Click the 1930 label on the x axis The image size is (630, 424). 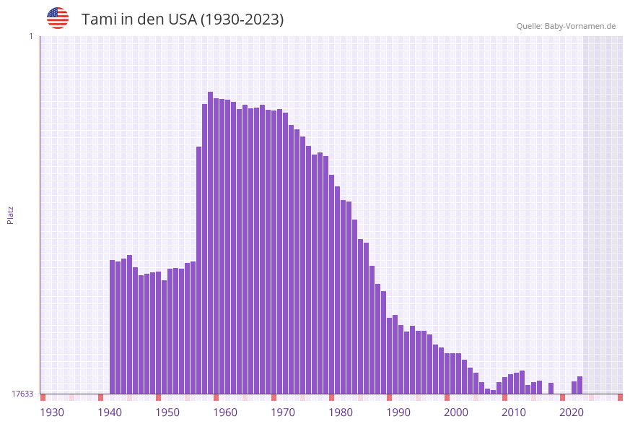click(52, 412)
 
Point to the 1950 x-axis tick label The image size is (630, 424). click(167, 412)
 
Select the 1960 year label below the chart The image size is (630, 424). click(225, 412)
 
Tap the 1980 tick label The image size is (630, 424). click(341, 412)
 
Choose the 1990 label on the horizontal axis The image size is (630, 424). click(398, 412)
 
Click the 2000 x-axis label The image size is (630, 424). click(456, 412)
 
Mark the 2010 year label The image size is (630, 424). click(514, 412)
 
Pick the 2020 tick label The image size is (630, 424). click(572, 412)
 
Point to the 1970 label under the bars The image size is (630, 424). click(283, 412)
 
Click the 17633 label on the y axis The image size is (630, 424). click(22, 394)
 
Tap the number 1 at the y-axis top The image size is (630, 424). click(30, 36)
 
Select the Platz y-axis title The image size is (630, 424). click(11, 215)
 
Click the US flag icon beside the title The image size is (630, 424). click(58, 18)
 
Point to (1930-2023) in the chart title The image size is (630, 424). click(242, 20)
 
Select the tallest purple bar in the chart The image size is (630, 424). click(210, 243)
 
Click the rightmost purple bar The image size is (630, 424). click(579, 385)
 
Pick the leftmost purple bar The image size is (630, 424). click(113, 326)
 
